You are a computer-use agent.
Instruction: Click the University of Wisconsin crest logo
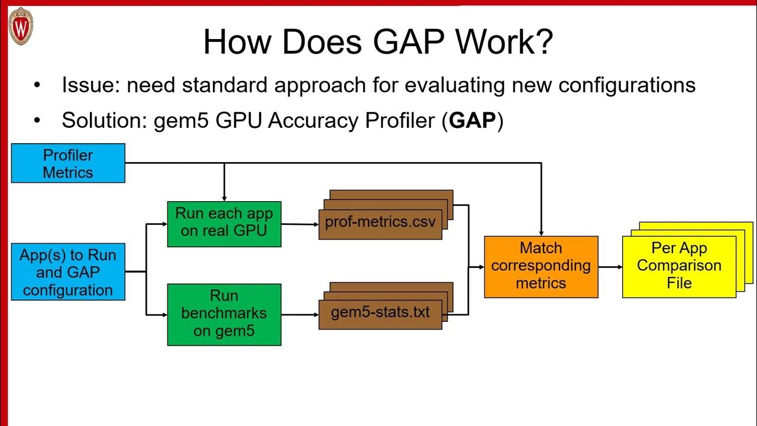21,27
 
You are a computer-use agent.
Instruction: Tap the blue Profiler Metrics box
68,163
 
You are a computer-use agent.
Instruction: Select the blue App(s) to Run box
68,272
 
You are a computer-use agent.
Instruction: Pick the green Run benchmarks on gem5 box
224,314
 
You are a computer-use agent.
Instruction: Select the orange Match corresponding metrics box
541,266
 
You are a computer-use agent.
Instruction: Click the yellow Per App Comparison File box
679,266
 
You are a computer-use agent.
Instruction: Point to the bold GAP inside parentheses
472,120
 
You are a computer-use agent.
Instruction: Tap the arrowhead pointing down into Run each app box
224,198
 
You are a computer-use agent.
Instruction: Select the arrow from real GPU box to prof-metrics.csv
300,224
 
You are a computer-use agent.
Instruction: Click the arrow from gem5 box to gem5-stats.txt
300,314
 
